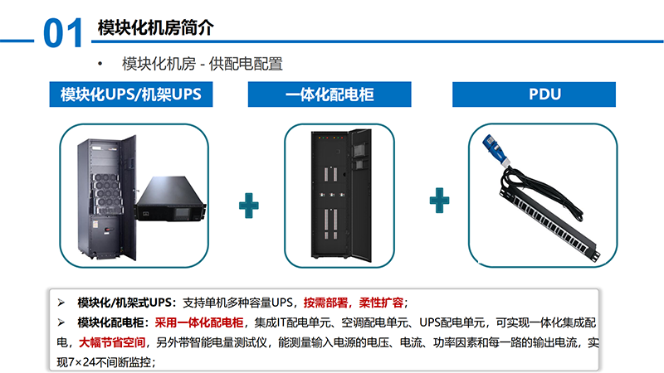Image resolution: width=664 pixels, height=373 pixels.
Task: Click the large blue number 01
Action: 63,33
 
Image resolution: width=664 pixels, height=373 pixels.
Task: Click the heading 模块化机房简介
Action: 155,28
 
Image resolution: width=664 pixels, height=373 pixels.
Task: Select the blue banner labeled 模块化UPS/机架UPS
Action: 131,94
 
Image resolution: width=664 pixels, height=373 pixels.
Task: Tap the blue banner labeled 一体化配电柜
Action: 330,94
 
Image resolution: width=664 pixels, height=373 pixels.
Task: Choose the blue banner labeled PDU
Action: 534,94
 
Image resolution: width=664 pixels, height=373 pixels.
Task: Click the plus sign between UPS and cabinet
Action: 248,206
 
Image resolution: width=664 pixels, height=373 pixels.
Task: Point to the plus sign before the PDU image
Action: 439,201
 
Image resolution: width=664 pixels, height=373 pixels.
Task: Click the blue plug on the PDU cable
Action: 495,150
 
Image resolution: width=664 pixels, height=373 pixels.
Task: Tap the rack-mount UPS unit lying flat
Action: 171,199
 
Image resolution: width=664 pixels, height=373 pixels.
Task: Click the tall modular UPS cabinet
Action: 107,196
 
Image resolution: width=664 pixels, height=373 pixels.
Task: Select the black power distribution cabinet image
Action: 341,195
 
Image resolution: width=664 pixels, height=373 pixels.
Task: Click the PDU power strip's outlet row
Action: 549,224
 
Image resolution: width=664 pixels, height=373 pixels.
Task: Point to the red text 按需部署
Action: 325,303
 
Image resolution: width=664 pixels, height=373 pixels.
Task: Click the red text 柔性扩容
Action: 382,303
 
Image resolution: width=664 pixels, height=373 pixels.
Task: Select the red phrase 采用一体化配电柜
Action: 199,322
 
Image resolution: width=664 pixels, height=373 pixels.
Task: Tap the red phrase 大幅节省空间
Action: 112,342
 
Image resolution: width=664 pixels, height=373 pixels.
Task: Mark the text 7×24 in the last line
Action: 76,362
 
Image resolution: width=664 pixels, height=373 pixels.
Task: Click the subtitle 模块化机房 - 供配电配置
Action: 203,64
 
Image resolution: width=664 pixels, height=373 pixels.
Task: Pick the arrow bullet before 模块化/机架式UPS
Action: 61,303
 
